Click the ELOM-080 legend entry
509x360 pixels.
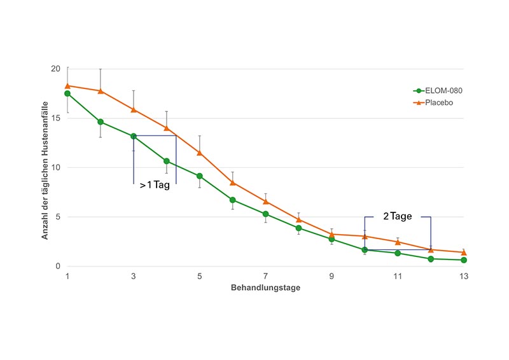439,91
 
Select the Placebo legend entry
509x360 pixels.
435,102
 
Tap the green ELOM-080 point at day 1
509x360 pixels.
67,93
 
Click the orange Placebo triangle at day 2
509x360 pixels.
101,91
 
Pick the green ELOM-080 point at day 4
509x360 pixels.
167,161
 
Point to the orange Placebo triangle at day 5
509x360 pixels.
200,153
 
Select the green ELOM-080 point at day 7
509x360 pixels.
266,214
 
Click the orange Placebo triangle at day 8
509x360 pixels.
299,219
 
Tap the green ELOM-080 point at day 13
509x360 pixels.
464,260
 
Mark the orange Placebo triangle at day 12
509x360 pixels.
431,249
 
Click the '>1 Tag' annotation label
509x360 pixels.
155,186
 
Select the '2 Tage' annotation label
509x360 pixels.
398,216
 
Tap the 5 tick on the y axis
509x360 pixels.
57,217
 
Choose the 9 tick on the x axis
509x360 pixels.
331,277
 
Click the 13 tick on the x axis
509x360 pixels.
464,277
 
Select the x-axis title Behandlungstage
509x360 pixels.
265,288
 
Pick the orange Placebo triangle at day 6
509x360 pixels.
233,183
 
